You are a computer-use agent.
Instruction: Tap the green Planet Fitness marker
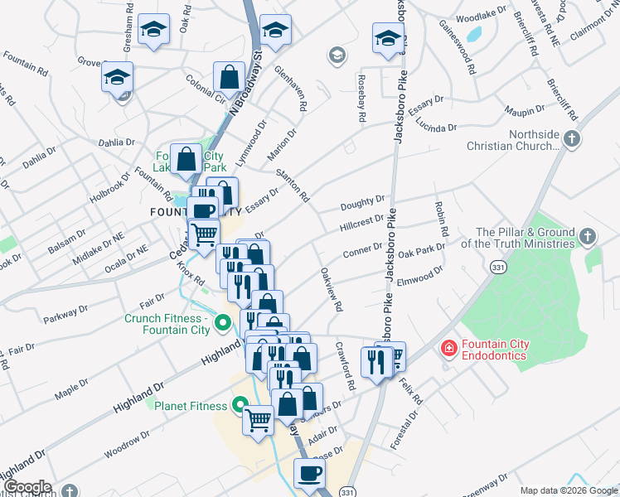240,405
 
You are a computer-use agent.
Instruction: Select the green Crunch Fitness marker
221,322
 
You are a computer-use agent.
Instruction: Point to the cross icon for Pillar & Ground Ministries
586,239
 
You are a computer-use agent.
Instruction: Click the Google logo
27,487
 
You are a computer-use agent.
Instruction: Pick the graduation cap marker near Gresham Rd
153,30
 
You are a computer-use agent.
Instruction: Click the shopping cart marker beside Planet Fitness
259,419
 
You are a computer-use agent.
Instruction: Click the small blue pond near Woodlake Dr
474,34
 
